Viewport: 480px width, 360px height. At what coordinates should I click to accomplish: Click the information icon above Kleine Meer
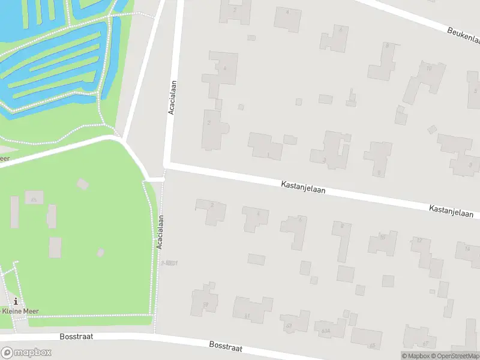pos(16,301)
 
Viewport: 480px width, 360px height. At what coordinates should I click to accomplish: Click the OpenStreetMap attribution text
pos(454,356)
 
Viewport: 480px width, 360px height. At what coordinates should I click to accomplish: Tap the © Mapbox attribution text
pos(415,356)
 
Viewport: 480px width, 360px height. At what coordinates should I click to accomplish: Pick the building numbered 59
pos(205,302)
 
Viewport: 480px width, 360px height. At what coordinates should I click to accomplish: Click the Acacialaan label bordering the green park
pos(160,233)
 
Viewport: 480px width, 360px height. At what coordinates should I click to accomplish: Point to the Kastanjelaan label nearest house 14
pos(451,211)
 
